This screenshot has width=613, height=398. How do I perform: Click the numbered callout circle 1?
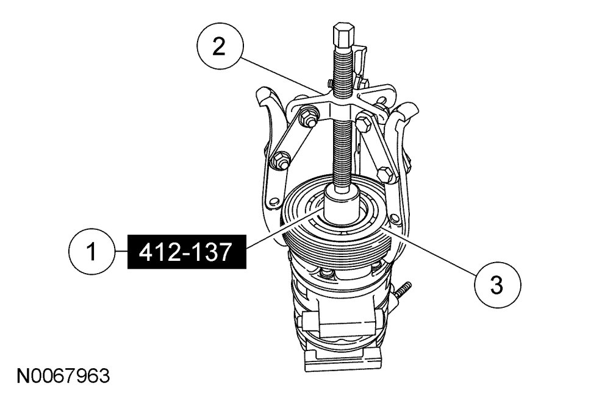[x=91, y=251]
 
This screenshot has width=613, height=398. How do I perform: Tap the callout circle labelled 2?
[x=220, y=47]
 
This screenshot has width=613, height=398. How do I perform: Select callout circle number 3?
[x=497, y=285]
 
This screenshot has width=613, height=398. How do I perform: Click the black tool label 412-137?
[x=187, y=252]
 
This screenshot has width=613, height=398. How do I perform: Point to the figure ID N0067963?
[x=63, y=375]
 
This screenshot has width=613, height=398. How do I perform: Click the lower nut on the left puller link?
[x=280, y=160]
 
